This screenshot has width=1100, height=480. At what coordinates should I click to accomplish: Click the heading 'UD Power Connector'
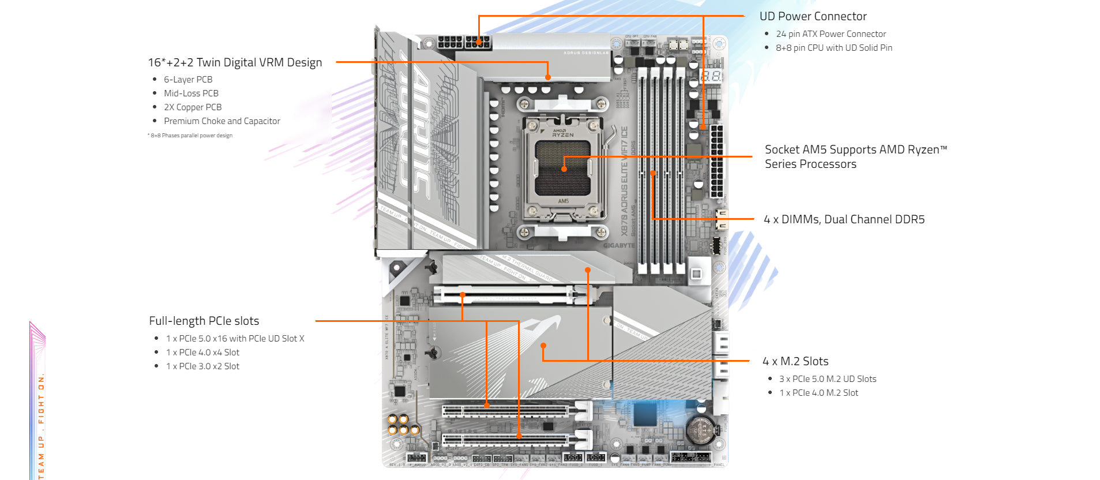click(x=813, y=17)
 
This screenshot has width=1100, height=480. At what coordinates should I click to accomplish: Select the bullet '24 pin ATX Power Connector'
click(x=831, y=34)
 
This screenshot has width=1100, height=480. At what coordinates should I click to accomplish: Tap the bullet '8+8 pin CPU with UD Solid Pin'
click(x=834, y=48)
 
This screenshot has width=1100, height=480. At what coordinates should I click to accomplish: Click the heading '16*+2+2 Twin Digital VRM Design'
click(x=235, y=62)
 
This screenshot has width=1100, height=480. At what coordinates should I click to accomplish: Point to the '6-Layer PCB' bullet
click(x=188, y=80)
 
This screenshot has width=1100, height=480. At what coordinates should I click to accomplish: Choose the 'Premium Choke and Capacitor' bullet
click(x=222, y=121)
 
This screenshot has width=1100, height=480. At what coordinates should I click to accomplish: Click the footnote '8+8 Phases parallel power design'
click(x=192, y=136)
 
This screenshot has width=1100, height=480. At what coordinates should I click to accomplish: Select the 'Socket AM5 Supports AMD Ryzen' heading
click(x=855, y=156)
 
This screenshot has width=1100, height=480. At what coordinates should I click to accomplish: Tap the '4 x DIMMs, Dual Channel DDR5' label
click(x=844, y=219)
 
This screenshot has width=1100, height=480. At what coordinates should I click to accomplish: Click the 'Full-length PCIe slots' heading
click(x=204, y=321)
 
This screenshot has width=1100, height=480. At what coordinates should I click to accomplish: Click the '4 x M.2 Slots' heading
click(x=795, y=361)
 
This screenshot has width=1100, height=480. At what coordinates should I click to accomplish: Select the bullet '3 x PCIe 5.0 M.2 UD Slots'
click(x=828, y=379)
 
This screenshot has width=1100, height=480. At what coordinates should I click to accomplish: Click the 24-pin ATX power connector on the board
click(x=716, y=162)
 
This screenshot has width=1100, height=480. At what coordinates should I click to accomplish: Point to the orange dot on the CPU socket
click(x=564, y=169)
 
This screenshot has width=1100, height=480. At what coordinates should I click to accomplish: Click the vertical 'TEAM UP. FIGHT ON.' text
click(x=41, y=427)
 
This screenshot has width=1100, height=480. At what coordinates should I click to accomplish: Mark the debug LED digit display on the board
click(x=711, y=76)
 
